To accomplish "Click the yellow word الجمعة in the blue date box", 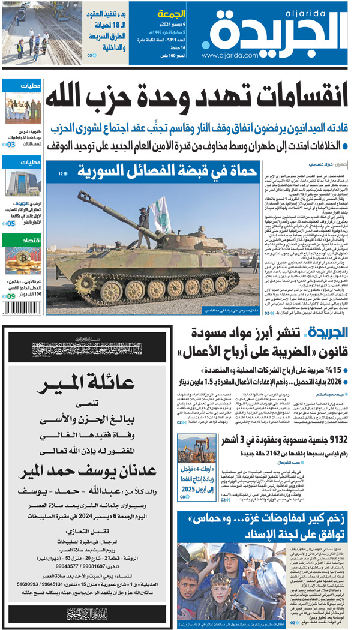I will tap(169, 13).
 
